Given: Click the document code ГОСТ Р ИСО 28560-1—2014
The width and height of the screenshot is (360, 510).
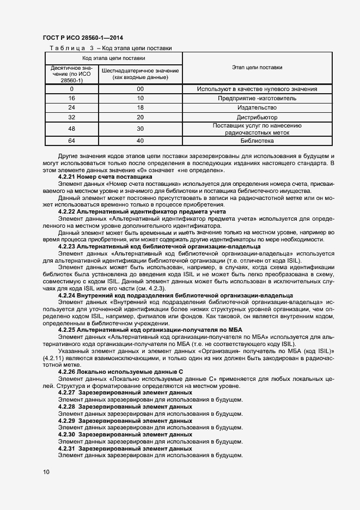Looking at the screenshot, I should coord(82,38).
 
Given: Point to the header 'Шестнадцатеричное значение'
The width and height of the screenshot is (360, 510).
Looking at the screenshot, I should coord(140,71).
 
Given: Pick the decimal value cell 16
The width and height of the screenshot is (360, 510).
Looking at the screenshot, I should coord(71,98).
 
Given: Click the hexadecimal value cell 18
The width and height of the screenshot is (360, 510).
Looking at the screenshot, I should coord(140,107).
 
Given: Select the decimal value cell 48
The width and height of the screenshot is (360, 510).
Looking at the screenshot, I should coord(71,129).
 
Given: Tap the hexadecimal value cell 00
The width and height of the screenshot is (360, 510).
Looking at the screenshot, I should coord(140,89).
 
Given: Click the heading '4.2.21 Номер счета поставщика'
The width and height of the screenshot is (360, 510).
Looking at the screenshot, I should coord(105,177).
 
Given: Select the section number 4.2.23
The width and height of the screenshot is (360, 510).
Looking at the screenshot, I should coord(67,246).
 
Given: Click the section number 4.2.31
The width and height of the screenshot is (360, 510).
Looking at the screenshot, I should coord(67,448).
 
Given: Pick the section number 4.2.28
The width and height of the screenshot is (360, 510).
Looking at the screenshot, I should coord(67,406).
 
